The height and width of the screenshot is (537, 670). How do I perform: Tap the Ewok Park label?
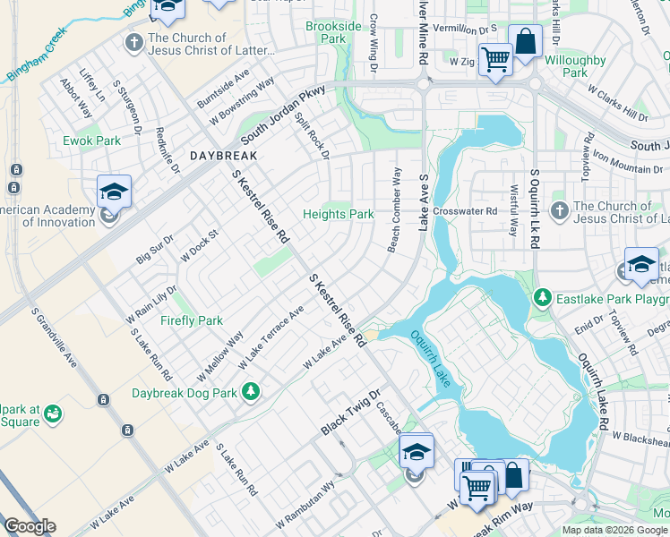tap(91, 141)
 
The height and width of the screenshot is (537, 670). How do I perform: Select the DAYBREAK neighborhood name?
tap(224, 156)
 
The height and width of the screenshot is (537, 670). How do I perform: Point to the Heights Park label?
tap(338, 214)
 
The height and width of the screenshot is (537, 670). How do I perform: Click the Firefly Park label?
tap(192, 320)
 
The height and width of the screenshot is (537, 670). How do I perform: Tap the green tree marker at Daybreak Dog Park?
tap(253, 391)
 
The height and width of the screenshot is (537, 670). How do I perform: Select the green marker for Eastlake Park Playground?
tap(541, 296)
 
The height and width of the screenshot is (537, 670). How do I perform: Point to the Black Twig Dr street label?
tap(351, 413)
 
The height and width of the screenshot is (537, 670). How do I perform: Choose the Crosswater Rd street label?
tap(464, 211)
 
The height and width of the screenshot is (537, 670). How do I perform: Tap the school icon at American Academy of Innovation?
tap(114, 192)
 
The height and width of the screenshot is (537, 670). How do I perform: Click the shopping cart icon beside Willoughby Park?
tap(495, 62)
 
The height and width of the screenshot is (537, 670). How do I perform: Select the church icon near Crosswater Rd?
tap(558, 211)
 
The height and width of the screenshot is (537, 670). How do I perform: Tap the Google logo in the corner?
tap(30, 526)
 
